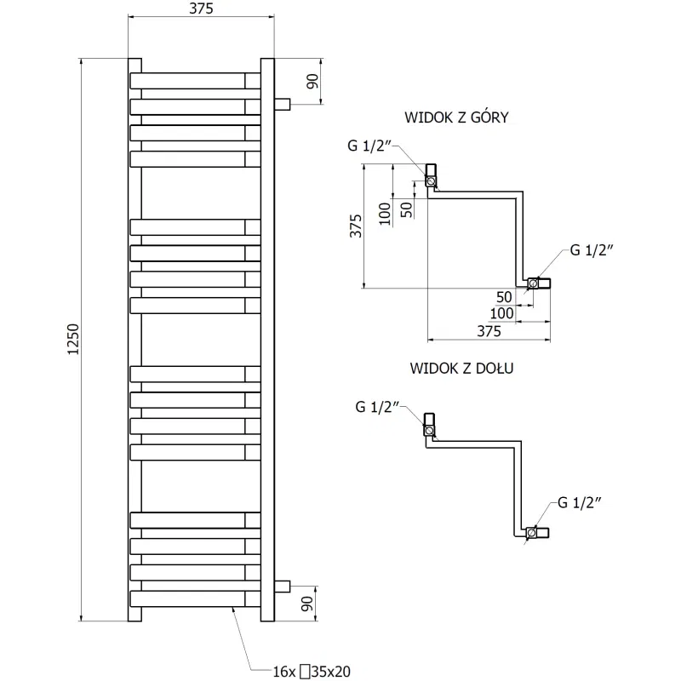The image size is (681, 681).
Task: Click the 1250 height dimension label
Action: tap(72, 339)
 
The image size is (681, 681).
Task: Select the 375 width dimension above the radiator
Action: tap(201, 9)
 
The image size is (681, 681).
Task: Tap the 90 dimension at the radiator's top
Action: tap(312, 82)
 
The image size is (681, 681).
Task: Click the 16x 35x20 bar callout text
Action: tap(312, 672)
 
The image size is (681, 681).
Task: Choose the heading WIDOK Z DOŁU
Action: tap(462, 369)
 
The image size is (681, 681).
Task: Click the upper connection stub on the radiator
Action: tap(283, 104)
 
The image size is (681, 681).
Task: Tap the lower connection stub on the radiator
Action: tap(283, 586)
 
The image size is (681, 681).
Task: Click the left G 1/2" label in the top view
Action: tap(369, 146)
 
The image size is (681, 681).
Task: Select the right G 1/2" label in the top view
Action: tap(592, 249)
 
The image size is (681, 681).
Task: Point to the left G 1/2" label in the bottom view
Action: tap(376, 408)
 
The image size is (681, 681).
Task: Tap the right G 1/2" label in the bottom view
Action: tap(581, 501)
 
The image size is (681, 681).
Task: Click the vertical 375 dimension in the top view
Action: tap(357, 226)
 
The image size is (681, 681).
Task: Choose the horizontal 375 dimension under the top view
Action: tap(488, 332)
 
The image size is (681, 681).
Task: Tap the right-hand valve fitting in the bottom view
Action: tap(536, 534)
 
